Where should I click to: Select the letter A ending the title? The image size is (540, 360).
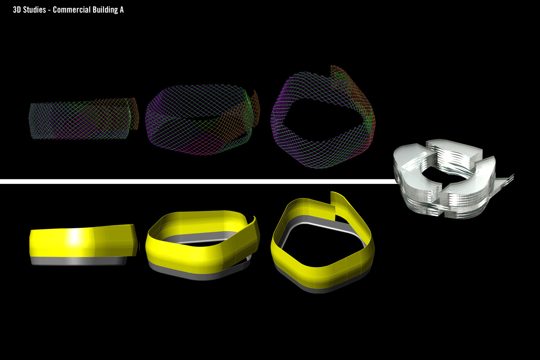[x=122, y=10]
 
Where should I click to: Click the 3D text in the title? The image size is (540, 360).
[x=17, y=10]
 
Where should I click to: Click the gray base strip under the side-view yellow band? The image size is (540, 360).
[x=78, y=261]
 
